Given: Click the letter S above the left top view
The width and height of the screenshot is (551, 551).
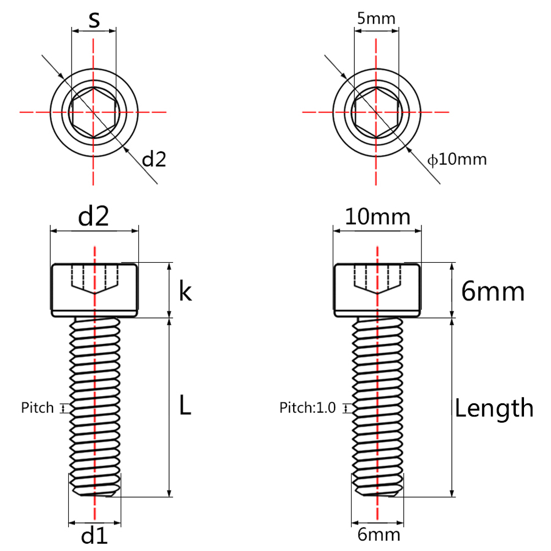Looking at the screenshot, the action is click(x=94, y=20).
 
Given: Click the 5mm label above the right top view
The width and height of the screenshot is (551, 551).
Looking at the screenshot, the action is click(x=376, y=18).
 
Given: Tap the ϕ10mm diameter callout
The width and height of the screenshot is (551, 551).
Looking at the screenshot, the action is click(x=457, y=160).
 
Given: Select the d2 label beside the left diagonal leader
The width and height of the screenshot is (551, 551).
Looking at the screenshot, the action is click(x=154, y=159).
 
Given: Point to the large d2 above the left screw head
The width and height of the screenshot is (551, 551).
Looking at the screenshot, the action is click(x=94, y=216).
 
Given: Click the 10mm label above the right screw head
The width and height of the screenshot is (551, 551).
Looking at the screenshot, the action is click(x=377, y=217).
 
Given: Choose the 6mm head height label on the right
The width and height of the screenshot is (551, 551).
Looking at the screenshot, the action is click(x=493, y=291).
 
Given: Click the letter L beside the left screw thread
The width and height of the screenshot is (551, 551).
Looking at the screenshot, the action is click(x=185, y=404).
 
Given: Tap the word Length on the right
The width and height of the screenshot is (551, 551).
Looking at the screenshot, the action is click(x=494, y=408).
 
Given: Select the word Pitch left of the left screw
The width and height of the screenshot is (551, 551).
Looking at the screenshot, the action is click(x=37, y=408).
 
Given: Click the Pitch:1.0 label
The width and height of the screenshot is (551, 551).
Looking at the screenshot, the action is click(x=307, y=408).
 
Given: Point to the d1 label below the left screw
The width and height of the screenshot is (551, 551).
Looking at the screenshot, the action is click(x=94, y=537).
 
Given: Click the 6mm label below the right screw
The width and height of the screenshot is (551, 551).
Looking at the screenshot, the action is click(x=379, y=534).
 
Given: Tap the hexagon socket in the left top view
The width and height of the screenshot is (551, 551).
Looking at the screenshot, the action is click(x=94, y=112).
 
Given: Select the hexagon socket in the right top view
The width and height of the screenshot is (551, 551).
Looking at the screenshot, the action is click(x=376, y=112).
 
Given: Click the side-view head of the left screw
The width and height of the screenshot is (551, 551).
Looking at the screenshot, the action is click(x=95, y=290).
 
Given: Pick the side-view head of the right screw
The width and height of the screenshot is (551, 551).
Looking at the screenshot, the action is click(x=377, y=290).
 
